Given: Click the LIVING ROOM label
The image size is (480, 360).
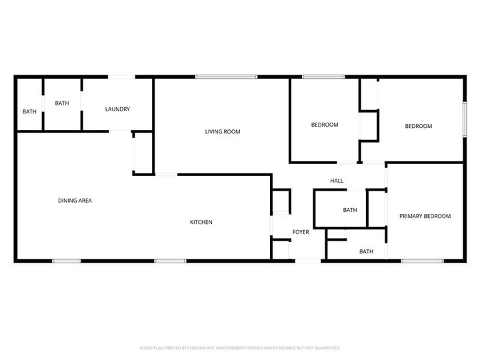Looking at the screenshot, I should tap(222, 132).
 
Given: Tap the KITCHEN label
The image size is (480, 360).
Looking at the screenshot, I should tap(201, 222).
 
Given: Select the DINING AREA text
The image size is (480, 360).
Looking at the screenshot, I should tap(75, 200).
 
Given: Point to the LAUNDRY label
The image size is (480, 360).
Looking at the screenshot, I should tap(117, 109).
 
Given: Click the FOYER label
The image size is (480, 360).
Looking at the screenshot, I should tap(301, 232).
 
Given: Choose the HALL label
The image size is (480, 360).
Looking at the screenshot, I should tap(337, 181).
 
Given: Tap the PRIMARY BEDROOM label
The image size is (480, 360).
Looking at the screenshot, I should tap(425, 216).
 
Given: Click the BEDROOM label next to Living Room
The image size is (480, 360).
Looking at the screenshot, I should tap(325, 125).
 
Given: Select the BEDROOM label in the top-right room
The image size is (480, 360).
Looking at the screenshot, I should tap(419, 126).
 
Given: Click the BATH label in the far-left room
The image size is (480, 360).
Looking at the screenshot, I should tap(29, 111).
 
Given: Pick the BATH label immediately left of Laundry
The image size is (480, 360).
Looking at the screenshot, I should tap(62, 103).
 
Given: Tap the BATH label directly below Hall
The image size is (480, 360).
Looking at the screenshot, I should tap(350, 210).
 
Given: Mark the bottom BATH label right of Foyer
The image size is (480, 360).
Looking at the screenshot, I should tap(366, 251).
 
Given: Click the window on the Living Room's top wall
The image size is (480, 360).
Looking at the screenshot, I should tap(226, 77).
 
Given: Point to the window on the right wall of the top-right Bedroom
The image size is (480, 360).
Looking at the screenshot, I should tap(464, 121).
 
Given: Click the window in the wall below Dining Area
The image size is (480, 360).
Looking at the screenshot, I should tap(67, 260).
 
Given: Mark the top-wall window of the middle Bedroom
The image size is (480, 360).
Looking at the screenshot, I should tap(323, 77).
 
